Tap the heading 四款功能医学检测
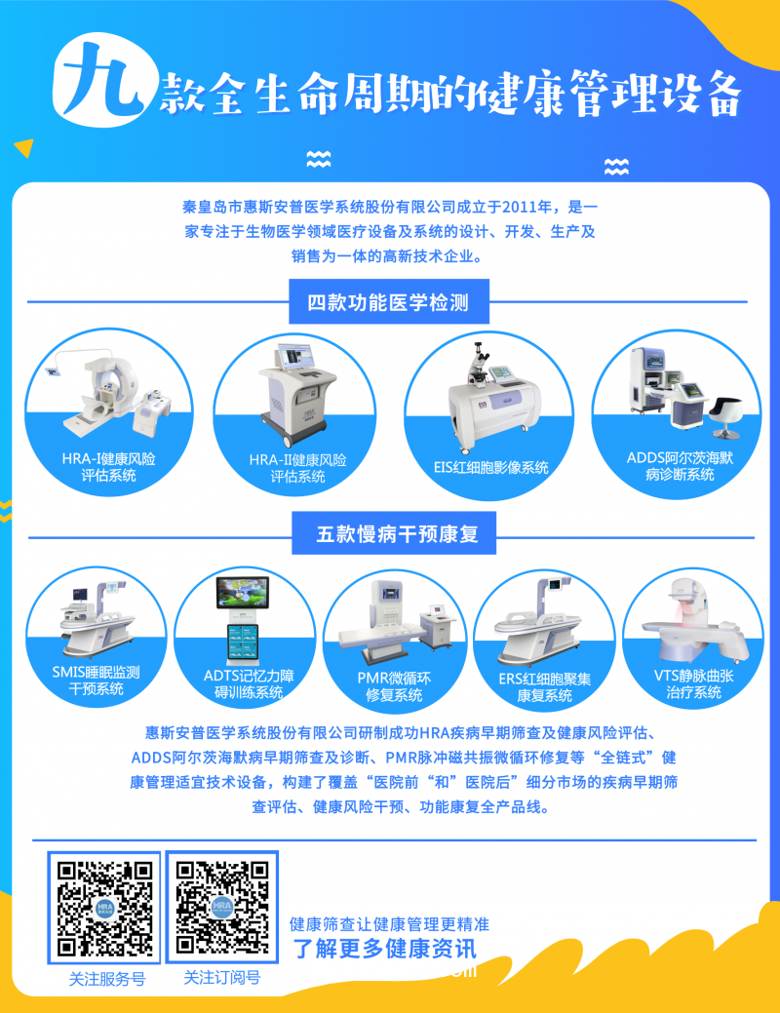(x=388, y=303)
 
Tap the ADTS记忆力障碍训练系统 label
(x=243, y=683)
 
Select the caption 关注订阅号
(x=222, y=978)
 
